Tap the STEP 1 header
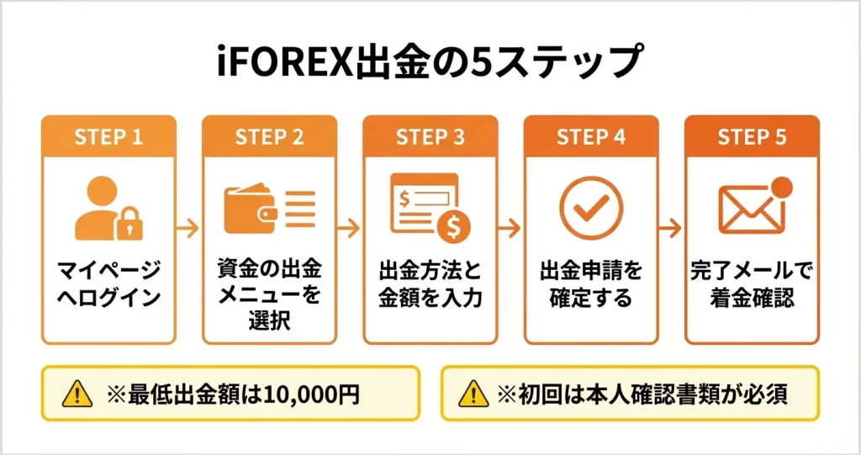(108, 138)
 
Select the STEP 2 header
(269, 138)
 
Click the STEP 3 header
(430, 138)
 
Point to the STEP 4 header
(591, 138)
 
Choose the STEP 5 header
(752, 138)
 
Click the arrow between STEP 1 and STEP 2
(189, 228)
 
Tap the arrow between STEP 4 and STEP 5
(672, 228)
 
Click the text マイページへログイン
(108, 283)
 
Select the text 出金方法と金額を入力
(430, 283)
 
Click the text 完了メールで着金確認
(752, 283)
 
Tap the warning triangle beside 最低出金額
(77, 393)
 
